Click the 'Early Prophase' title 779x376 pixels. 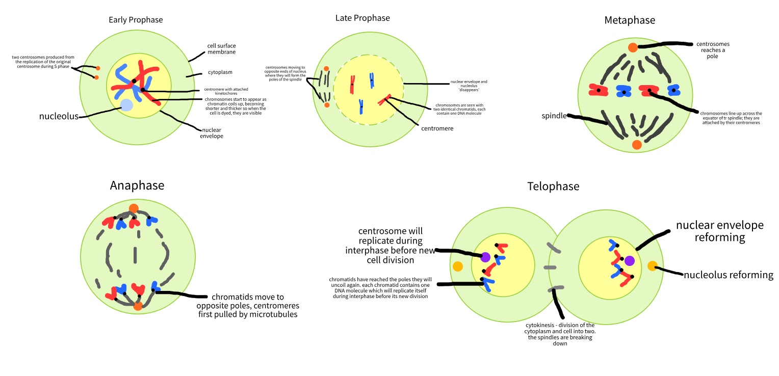coord(136,20)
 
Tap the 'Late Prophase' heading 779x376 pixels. coord(362,18)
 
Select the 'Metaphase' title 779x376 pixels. coord(630,20)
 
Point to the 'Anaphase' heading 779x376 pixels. coord(137,185)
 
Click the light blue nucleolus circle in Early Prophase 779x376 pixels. coord(126,105)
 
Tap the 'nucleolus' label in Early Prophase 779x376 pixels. coord(59,116)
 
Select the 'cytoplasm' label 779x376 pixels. coord(220,72)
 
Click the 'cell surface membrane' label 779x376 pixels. coord(221,48)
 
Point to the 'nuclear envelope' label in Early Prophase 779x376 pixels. coord(213,132)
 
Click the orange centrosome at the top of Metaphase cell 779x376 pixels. coord(633,47)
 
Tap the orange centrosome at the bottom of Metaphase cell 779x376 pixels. coord(637,145)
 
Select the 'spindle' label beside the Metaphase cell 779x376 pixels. coord(554,116)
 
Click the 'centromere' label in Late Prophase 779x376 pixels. coord(437,128)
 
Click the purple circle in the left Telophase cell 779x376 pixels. coord(485,257)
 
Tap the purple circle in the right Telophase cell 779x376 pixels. coord(630,260)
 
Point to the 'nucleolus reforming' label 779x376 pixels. coord(728,275)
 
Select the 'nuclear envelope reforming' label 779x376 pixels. coord(719,231)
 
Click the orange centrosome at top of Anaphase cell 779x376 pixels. coord(134,208)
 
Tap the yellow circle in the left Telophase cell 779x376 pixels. coord(458,266)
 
